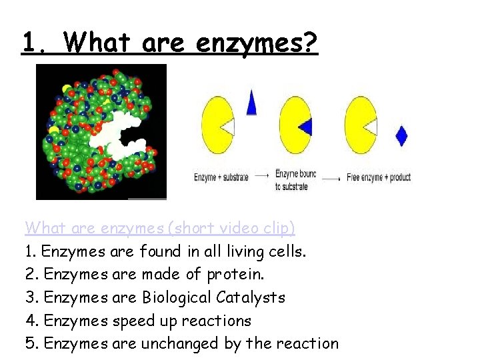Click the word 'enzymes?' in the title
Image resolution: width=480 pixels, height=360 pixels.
pyautogui.click(x=257, y=44)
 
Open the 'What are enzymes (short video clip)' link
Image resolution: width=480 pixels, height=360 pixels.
pyautogui.click(x=160, y=228)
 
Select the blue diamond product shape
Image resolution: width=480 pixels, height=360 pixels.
pyautogui.click(x=401, y=135)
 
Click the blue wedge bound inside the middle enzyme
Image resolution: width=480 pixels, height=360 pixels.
pyautogui.click(x=305, y=126)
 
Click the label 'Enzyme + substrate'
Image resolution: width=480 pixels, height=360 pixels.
pyautogui.click(x=221, y=177)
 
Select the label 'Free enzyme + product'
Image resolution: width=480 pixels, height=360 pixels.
pyautogui.click(x=379, y=177)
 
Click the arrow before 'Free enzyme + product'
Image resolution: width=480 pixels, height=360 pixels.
pyautogui.click(x=331, y=177)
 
